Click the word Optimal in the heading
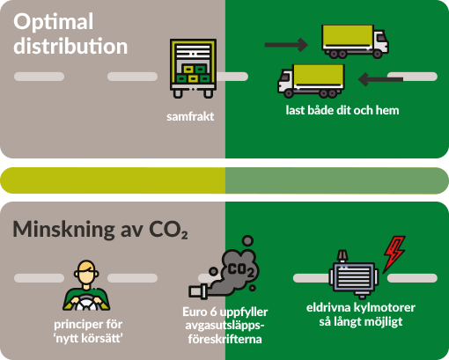pos(54,22)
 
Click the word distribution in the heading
pos(70,46)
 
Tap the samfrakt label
pos(190,117)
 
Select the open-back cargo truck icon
pos(193,69)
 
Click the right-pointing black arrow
pos(286,45)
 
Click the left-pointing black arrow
pos(380,79)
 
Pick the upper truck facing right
pos(355,41)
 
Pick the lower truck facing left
pos(311,81)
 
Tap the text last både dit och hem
pos(342,111)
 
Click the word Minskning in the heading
pos(64,229)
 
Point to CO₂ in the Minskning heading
pos(168,230)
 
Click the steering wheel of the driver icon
pos(85,303)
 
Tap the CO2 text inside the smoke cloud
pos(240,270)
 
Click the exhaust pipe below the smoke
pos(199,292)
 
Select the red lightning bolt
pos(394,253)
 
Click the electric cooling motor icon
pos(353,274)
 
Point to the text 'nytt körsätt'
pos(88,338)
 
